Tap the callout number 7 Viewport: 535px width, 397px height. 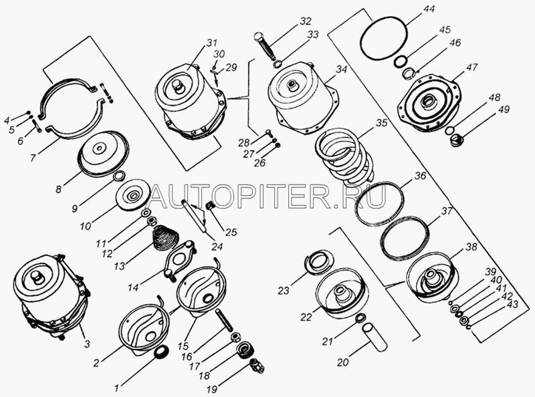tap(33, 158)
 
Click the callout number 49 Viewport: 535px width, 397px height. tap(504, 110)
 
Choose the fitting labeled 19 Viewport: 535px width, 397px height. tap(257, 366)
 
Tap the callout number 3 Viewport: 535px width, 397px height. tap(87, 344)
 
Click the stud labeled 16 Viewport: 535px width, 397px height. tap(224, 320)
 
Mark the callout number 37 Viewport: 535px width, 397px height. tap(447, 211)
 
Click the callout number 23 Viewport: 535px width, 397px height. tap(284, 290)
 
